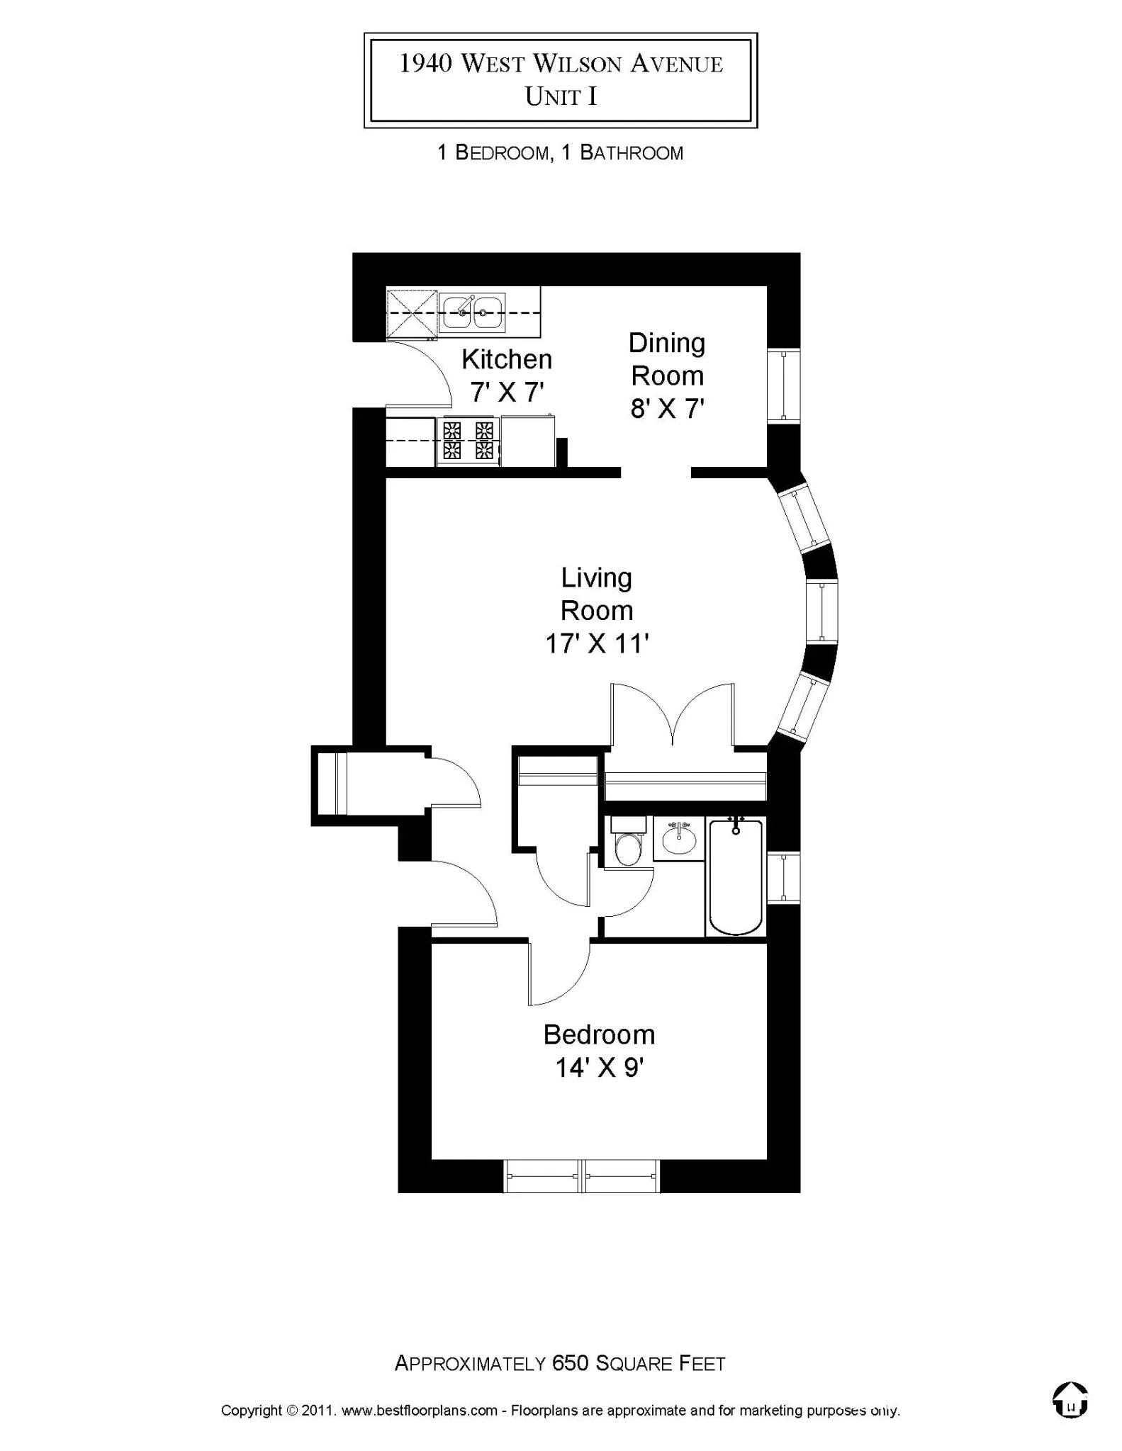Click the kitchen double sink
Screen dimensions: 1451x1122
[471, 312]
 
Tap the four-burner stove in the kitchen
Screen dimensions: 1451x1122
[468, 441]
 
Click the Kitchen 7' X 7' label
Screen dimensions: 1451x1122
[507, 376]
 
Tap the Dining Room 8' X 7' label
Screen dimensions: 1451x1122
[667, 376]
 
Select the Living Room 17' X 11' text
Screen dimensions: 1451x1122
[597, 611]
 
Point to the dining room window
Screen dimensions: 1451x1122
[784, 386]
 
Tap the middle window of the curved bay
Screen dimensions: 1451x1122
[822, 611]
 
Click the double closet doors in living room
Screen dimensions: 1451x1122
[672, 716]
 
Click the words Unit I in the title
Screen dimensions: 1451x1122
[561, 96]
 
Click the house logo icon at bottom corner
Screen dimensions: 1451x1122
[1070, 1400]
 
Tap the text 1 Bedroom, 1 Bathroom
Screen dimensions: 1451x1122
[560, 152]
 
